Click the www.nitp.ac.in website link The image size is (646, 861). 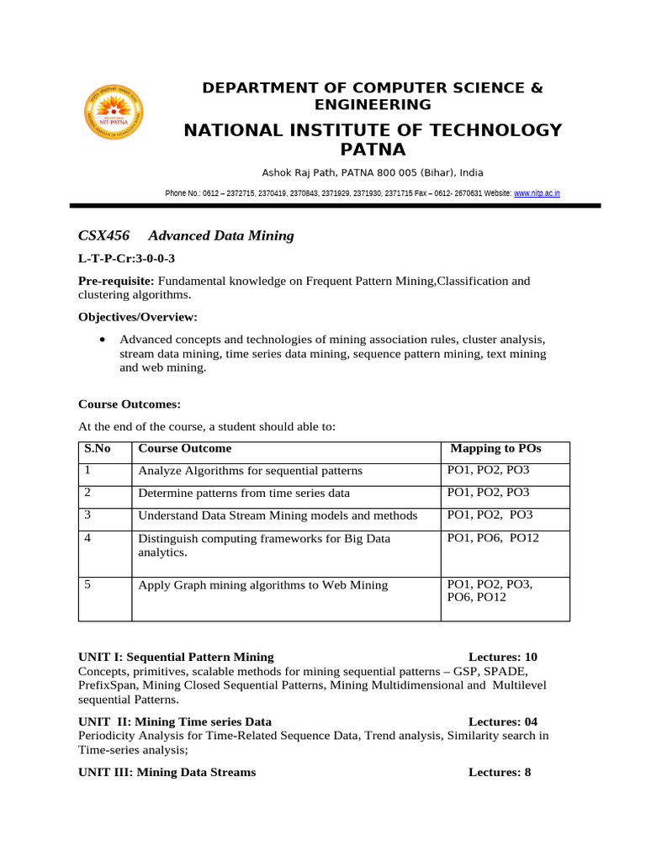(537, 193)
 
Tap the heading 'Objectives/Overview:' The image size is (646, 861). (138, 317)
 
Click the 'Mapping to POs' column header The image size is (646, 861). (495, 448)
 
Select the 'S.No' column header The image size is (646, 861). (98, 448)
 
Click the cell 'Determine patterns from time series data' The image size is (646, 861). (244, 494)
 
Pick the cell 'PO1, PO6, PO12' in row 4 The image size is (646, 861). (493, 537)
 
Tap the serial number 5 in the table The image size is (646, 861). (87, 584)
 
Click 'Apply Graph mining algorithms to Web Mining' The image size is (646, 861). (263, 585)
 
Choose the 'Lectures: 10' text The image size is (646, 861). (502, 657)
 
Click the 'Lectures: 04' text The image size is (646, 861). (502, 721)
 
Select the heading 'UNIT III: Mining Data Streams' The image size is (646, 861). (167, 772)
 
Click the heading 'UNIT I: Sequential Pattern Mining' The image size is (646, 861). (176, 657)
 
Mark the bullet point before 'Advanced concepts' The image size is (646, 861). (102, 340)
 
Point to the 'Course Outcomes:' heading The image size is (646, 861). (130, 404)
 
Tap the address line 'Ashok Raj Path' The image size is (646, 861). (372, 172)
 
